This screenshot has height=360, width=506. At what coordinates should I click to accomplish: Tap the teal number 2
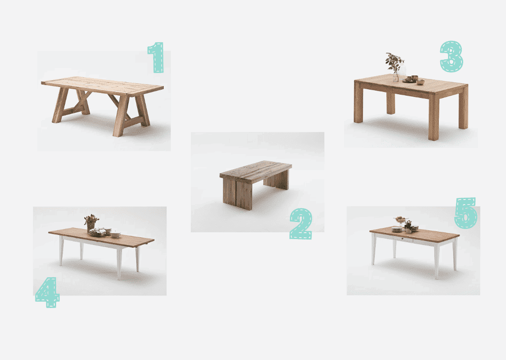click(301, 223)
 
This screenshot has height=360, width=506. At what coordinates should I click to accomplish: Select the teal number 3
click(451, 56)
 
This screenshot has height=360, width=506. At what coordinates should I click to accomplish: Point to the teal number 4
click(48, 292)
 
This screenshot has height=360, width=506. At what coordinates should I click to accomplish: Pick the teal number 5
click(466, 213)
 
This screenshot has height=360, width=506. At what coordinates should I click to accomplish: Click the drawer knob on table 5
click(402, 239)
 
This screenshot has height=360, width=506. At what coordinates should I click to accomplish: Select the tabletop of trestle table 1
click(102, 86)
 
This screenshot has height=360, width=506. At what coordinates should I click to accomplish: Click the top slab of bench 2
click(256, 169)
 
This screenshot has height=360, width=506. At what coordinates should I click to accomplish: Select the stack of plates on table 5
click(396, 229)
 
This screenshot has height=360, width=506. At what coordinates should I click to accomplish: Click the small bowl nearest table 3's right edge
click(420, 82)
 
